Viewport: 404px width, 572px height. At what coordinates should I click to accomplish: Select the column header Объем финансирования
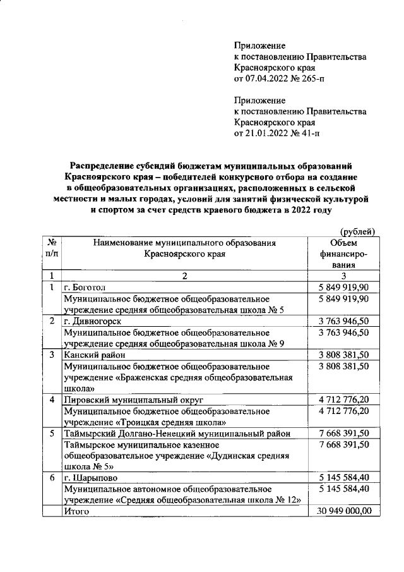[343, 255]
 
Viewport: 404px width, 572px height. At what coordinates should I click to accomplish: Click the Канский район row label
[95, 355]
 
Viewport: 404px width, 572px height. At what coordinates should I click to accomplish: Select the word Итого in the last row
[77, 511]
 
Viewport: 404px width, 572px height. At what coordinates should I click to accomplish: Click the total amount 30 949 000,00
[343, 511]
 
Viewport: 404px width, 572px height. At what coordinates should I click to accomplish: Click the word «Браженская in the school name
[145, 377]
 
